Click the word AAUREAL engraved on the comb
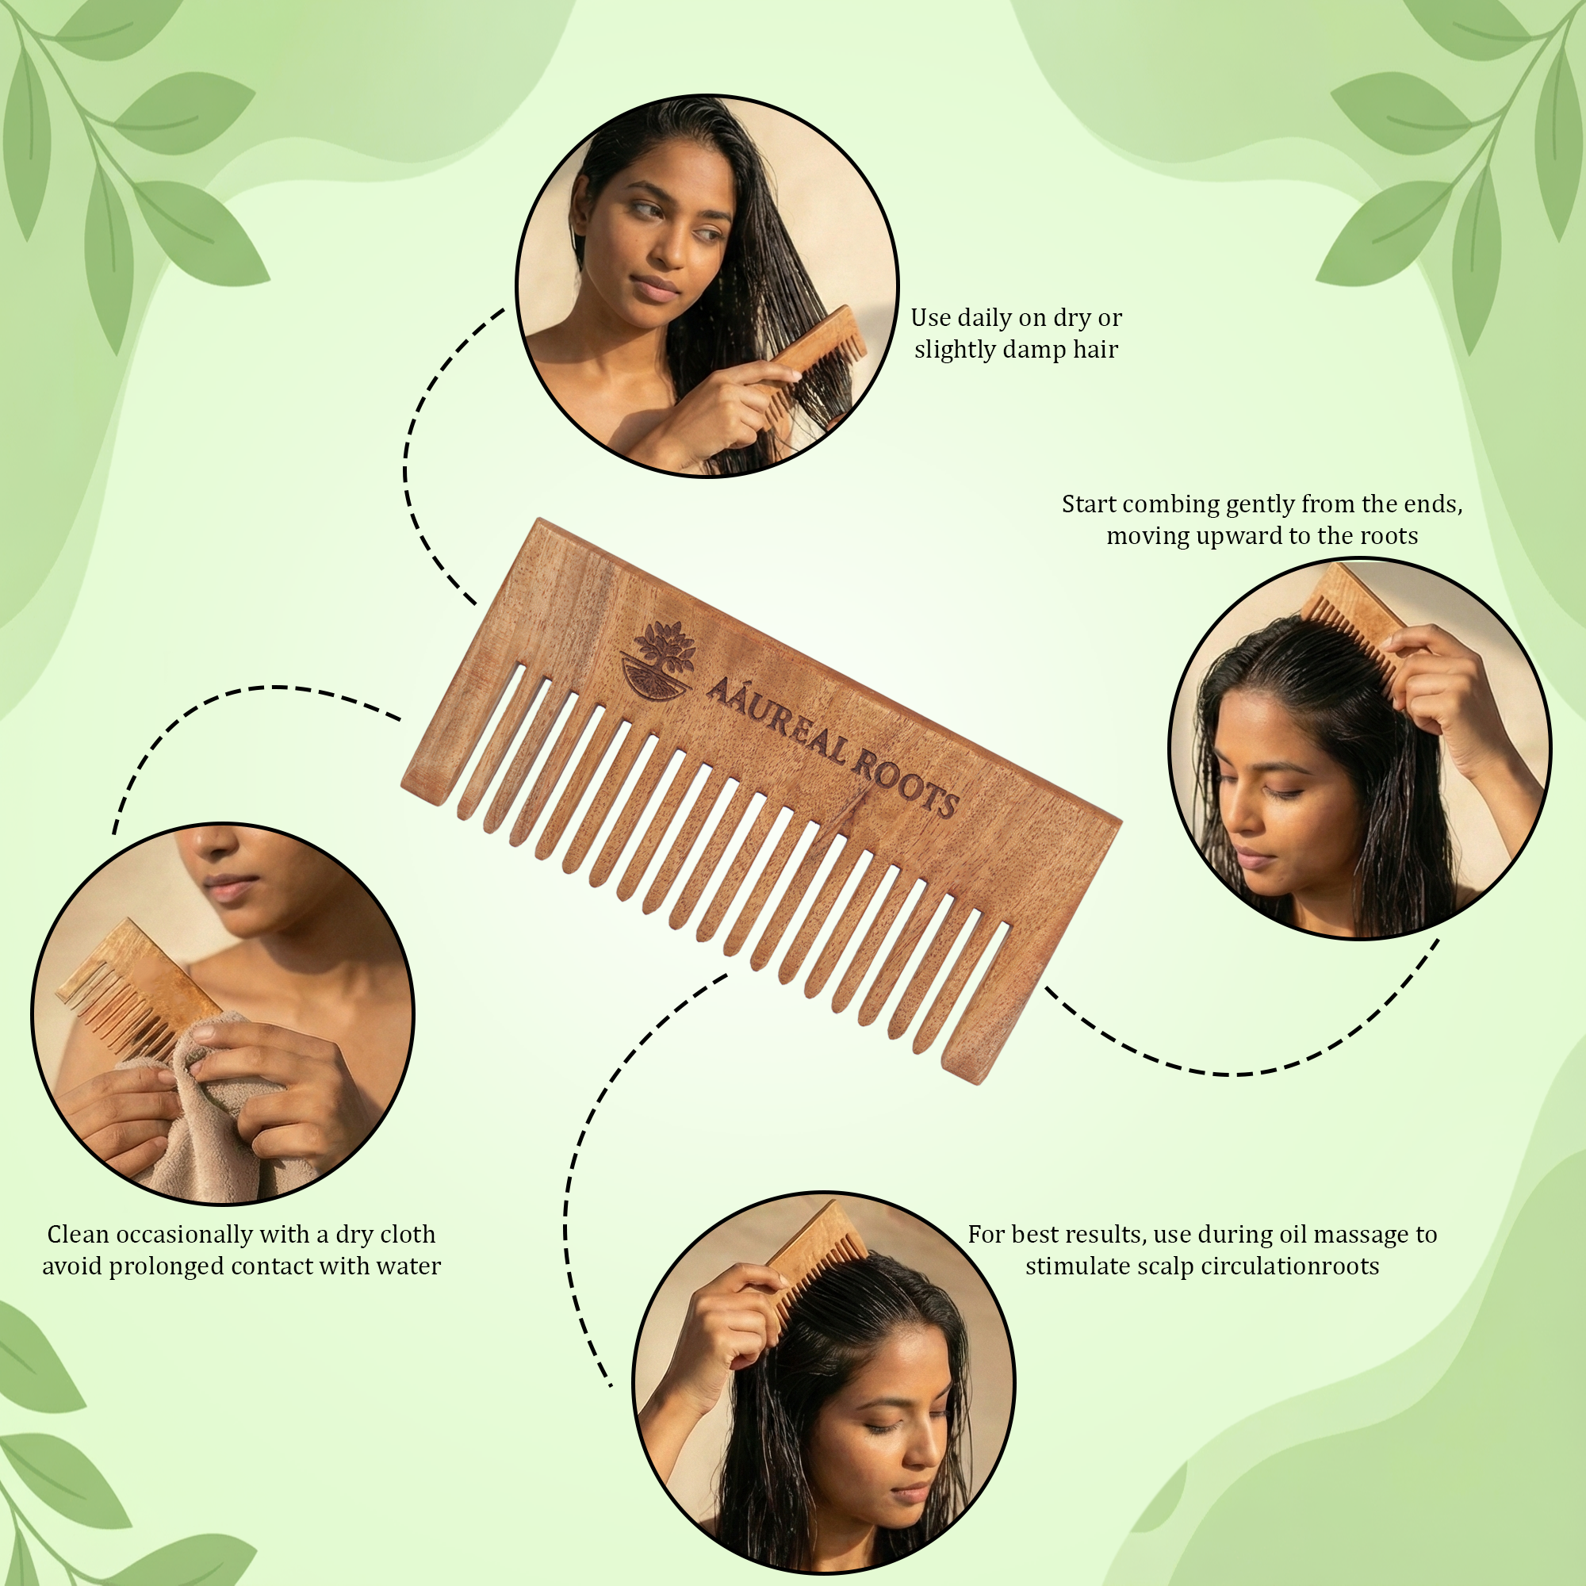[x=776, y=719]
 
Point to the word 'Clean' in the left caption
[x=77, y=1234]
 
